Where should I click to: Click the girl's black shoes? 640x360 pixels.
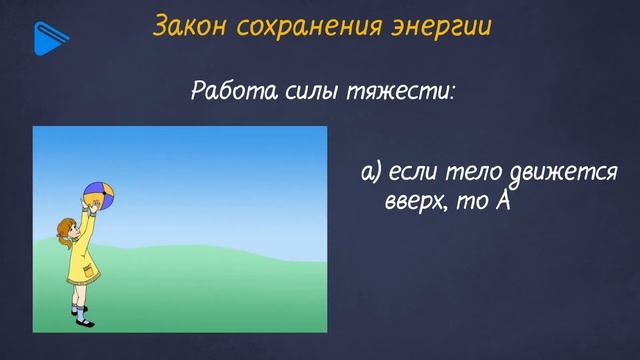coord(81,319)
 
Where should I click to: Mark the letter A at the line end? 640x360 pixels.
coord(503,200)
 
